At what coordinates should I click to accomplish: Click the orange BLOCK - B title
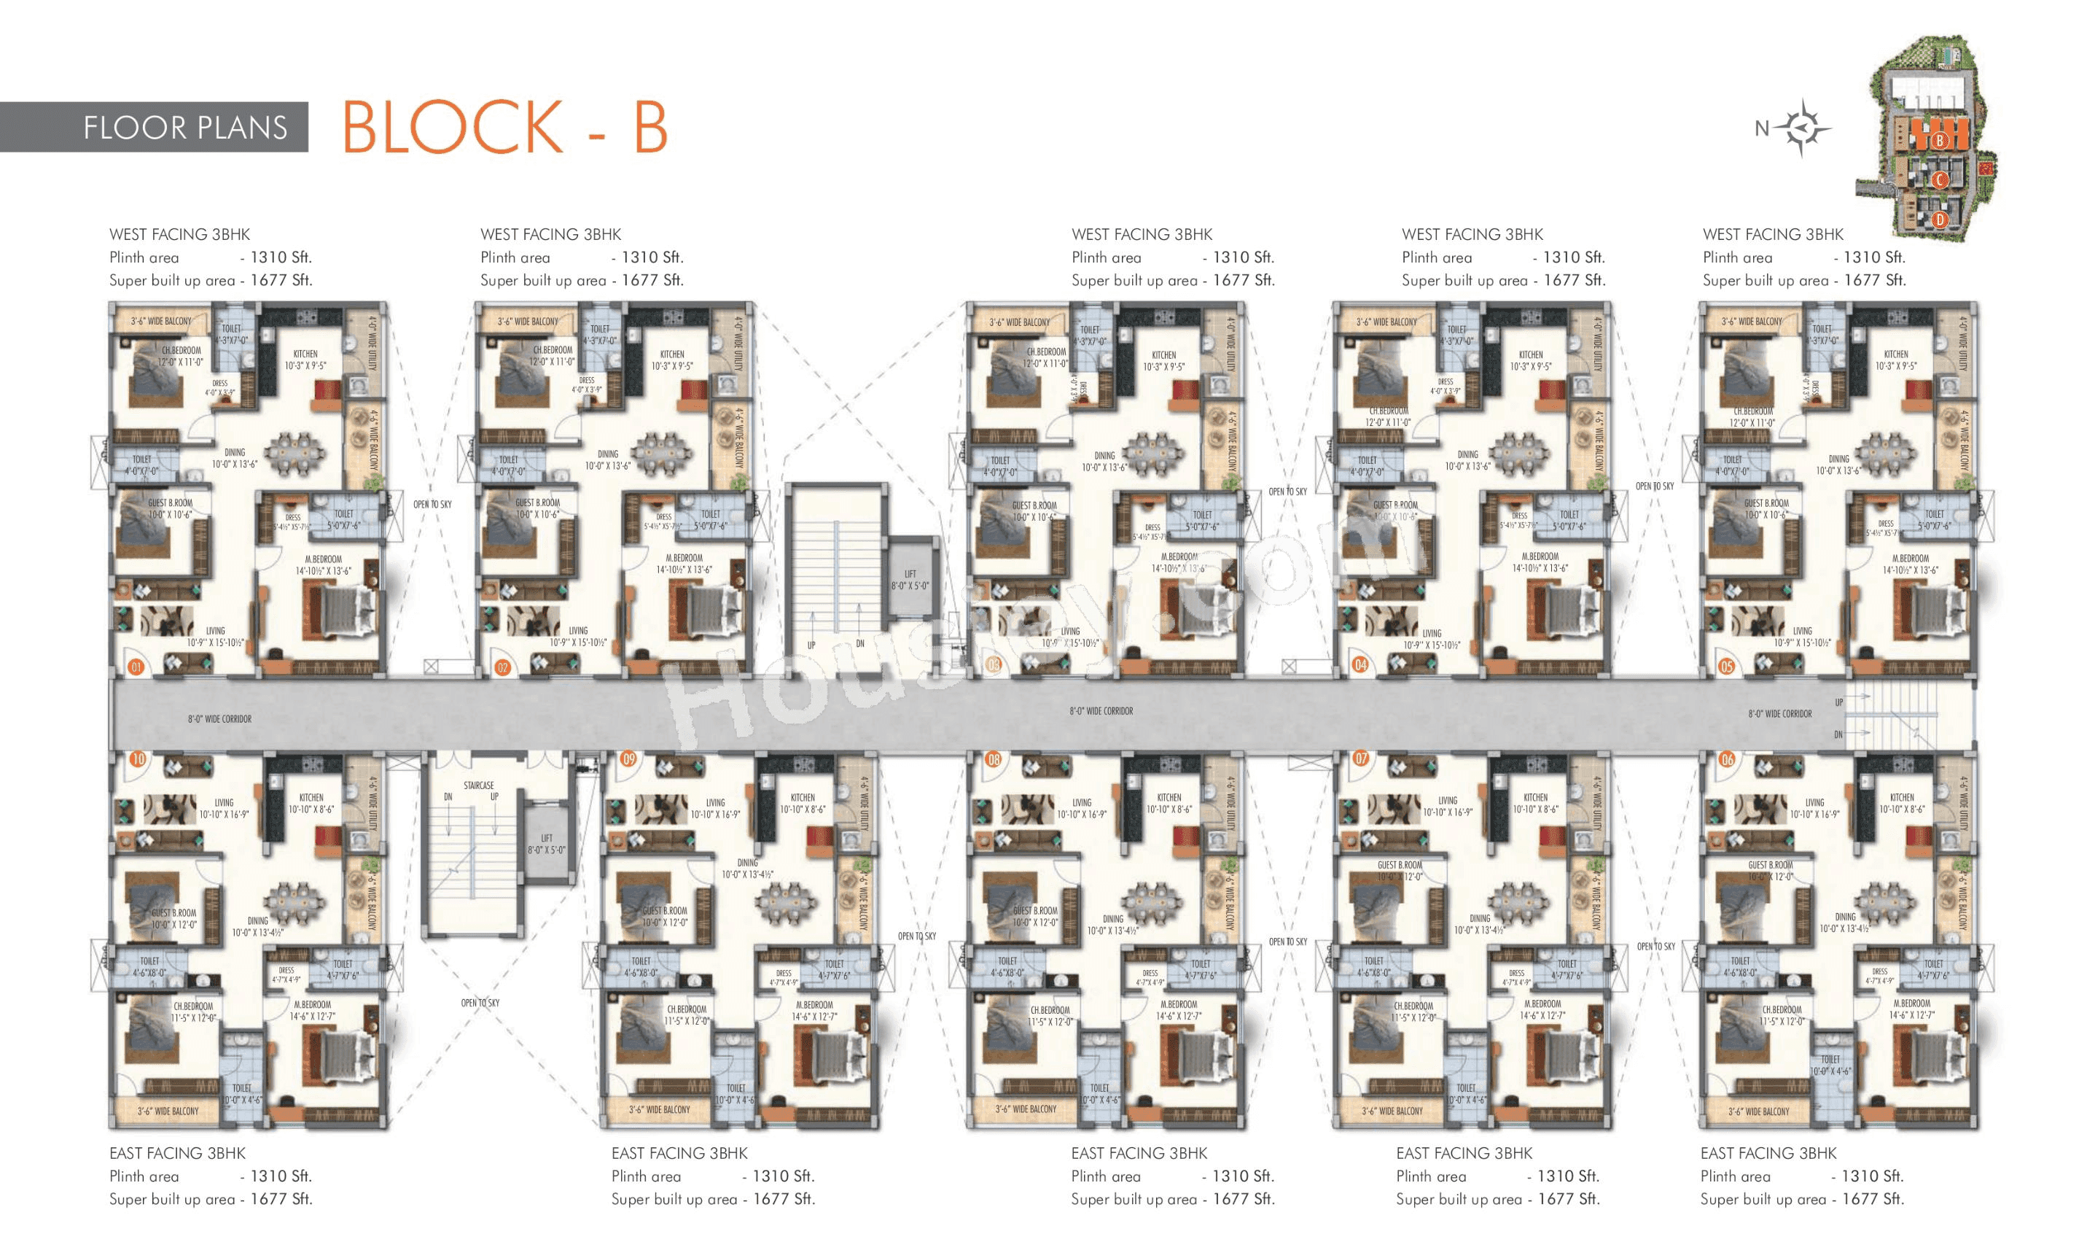tap(504, 127)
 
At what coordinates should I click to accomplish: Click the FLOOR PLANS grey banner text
tap(184, 127)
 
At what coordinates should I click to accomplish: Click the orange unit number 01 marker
tap(136, 666)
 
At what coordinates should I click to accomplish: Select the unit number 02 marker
tap(502, 666)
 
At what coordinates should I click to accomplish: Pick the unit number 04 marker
tap(1360, 664)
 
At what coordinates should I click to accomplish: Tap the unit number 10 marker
tap(138, 758)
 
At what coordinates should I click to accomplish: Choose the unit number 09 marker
tap(628, 758)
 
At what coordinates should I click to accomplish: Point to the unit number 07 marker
tap(1360, 758)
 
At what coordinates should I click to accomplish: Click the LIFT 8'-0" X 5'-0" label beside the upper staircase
tap(910, 580)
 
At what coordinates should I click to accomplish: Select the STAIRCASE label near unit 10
tap(479, 785)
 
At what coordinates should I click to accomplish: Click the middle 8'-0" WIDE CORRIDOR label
tap(1101, 711)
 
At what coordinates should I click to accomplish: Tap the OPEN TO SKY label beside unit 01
tap(432, 505)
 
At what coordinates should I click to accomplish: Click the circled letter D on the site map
tap(1939, 220)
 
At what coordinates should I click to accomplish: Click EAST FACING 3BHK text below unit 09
tap(679, 1152)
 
